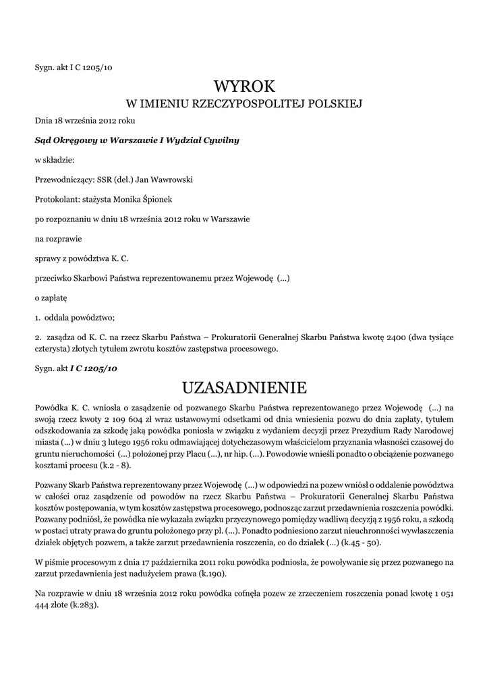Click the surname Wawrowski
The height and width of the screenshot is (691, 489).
pyautogui.click(x=171, y=179)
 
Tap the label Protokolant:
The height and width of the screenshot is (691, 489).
pyautogui.click(x=57, y=199)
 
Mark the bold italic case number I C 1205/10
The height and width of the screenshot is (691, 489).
pyautogui.click(x=94, y=368)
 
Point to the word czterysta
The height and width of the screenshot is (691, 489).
pyautogui.click(x=53, y=349)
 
